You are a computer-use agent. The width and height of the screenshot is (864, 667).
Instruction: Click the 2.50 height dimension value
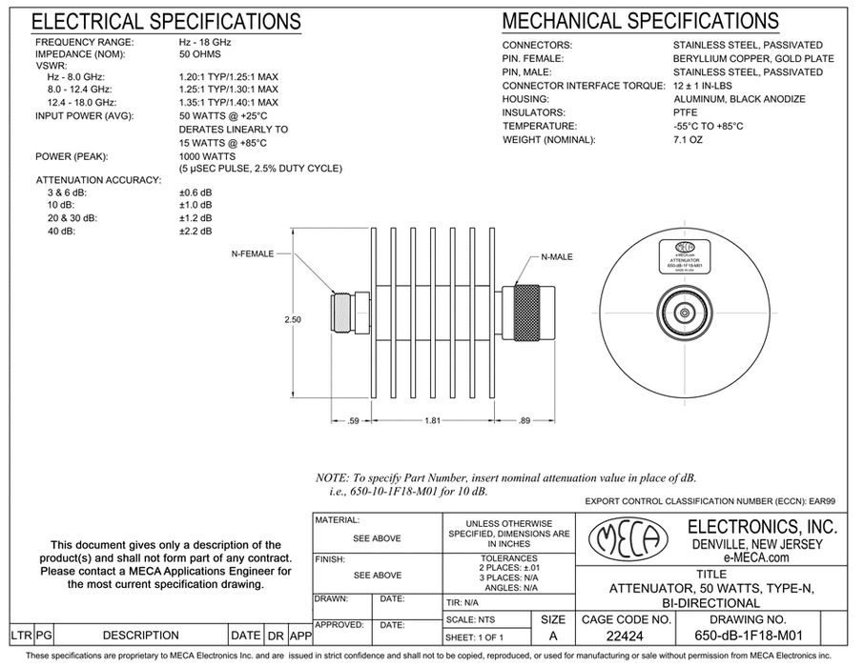[293, 320]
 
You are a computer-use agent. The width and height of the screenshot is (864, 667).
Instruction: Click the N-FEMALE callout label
[252, 254]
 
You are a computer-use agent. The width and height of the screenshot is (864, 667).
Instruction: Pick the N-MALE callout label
[559, 256]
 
